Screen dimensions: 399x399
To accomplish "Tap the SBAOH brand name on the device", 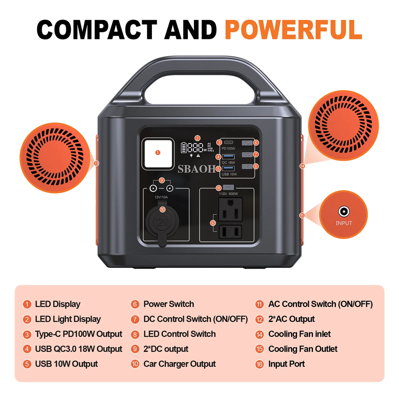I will [x=196, y=169].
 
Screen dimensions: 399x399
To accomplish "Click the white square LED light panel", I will [x=157, y=153].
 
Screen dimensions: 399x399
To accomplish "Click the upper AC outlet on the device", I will [x=230, y=210].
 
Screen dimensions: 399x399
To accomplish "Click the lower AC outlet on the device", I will [x=230, y=232].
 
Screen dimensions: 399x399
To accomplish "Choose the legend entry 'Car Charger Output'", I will [x=179, y=364].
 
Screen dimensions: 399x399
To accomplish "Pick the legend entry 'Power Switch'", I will [x=168, y=304].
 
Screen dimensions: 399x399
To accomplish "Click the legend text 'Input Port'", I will [x=286, y=364].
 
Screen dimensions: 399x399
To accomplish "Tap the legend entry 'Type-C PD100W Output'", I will [x=78, y=334].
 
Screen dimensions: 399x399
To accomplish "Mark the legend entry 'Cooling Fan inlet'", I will [x=299, y=334].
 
